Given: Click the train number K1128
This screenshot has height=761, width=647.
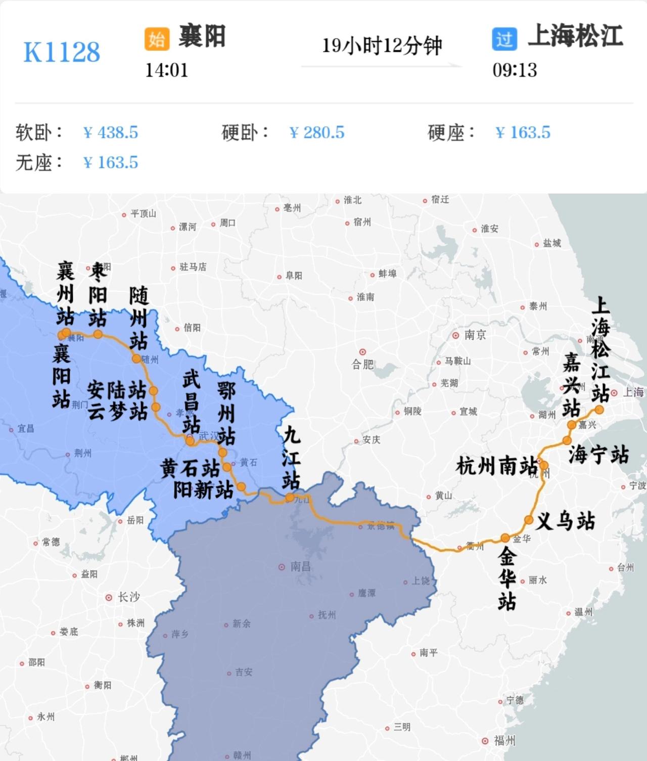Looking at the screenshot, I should [x=62, y=52].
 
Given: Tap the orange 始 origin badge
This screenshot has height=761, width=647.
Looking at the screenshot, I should [x=157, y=38].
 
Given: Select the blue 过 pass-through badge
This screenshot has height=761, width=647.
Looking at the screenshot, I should [x=504, y=38].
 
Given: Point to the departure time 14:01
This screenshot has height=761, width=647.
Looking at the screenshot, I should [x=166, y=70].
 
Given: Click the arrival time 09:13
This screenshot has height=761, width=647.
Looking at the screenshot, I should [x=515, y=70].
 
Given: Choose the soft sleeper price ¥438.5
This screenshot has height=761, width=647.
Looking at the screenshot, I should [x=111, y=132].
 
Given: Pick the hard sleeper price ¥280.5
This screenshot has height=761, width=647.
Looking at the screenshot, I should [x=317, y=132].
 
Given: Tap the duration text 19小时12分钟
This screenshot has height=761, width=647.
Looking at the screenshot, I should [x=382, y=46].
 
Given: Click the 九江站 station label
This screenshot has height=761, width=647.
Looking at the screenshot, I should [x=291, y=458].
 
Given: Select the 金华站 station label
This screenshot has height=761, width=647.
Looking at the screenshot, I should [x=507, y=579].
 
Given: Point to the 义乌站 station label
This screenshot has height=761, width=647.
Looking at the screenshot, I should [x=565, y=520].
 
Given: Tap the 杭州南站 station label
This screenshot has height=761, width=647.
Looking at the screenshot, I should [x=496, y=466].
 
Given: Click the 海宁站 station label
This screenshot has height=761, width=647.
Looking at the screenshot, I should [x=598, y=454].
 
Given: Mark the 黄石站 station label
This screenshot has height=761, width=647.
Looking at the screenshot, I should [x=190, y=468].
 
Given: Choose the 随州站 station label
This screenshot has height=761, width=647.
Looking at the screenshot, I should [x=138, y=319].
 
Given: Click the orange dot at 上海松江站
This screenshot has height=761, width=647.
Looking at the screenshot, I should [x=599, y=410].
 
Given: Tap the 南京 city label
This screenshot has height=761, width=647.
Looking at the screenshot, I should [x=475, y=335].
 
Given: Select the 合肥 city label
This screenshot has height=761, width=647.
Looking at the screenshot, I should [x=362, y=364].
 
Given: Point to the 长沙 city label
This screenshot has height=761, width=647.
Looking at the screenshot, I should [x=128, y=597].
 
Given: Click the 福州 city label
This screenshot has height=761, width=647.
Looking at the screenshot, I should [x=504, y=741].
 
